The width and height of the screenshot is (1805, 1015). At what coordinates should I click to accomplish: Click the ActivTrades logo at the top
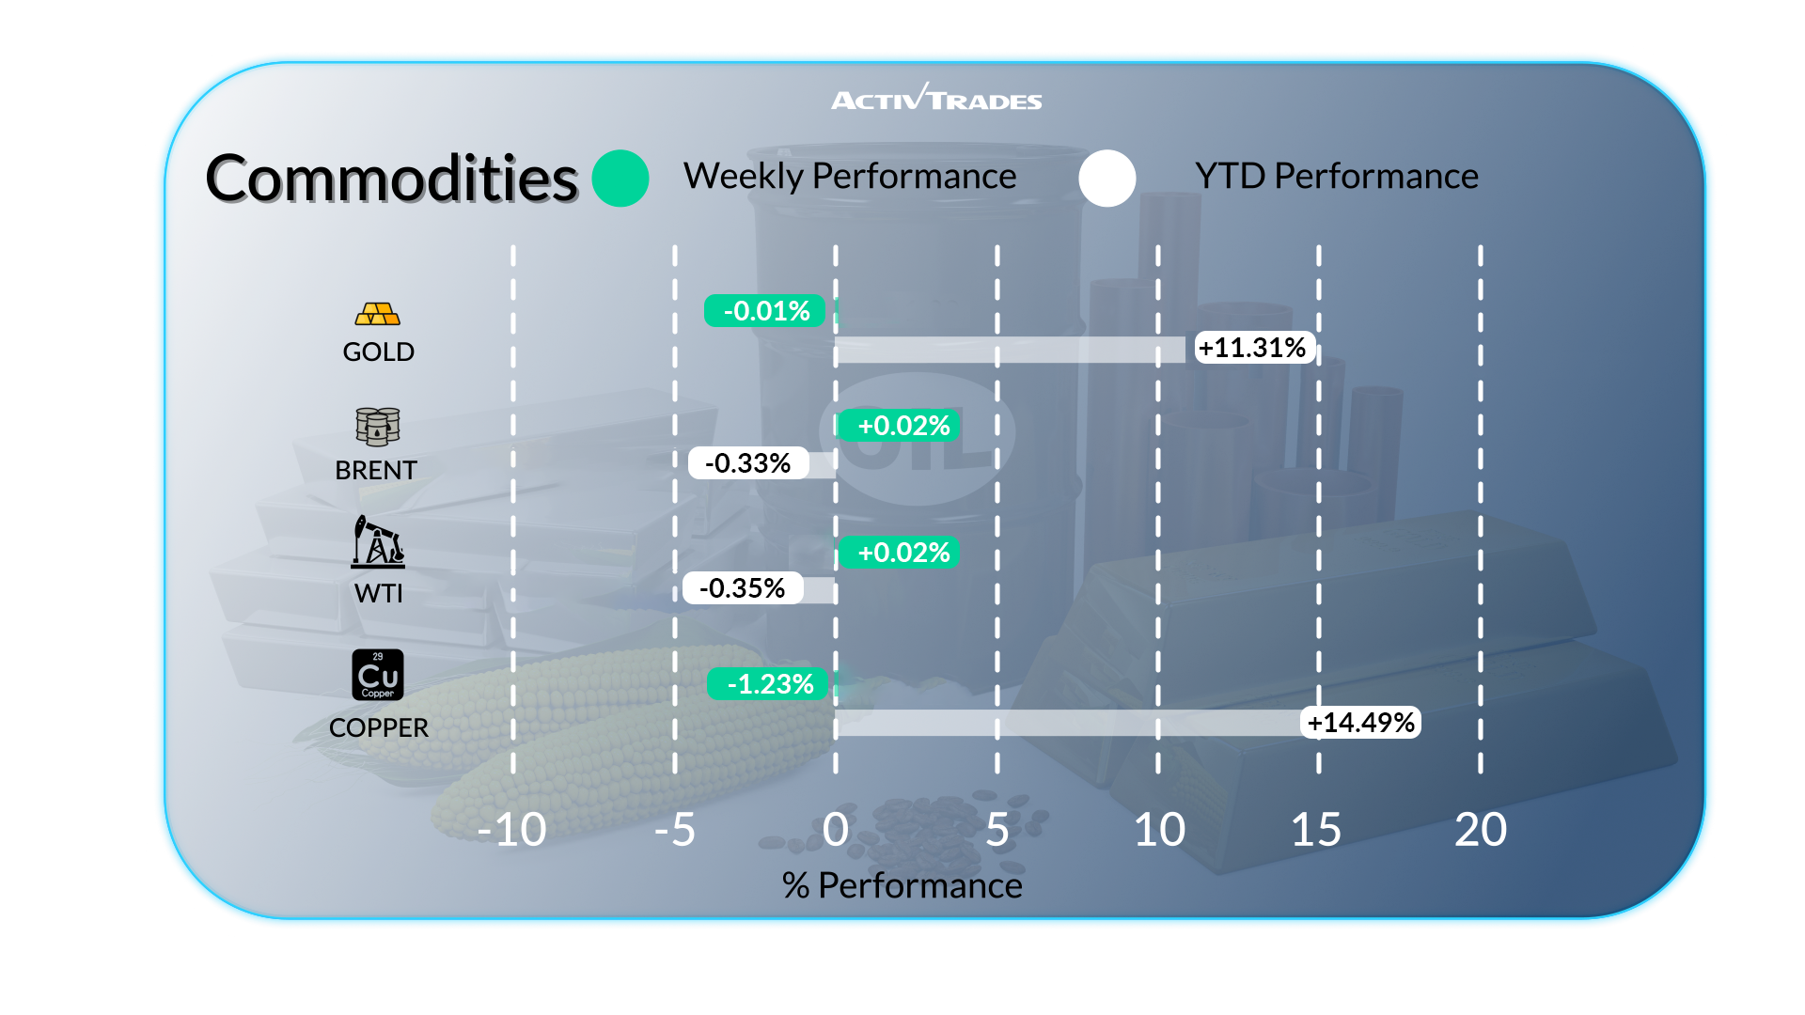click(x=936, y=99)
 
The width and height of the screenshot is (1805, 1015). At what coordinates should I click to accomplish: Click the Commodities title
click(x=391, y=179)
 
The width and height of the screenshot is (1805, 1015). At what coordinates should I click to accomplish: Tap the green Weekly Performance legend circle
click(x=620, y=179)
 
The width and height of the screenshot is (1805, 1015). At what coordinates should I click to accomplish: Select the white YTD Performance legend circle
click(x=1107, y=179)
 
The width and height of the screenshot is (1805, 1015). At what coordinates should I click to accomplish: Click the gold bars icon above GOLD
click(x=378, y=314)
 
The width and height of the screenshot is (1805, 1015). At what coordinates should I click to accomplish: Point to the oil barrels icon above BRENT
click(x=378, y=427)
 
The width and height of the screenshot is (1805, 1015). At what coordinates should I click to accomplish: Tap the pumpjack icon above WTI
click(x=378, y=542)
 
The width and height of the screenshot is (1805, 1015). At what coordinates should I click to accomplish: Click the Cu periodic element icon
click(x=378, y=675)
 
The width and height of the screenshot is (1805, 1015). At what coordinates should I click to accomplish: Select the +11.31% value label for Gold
click(x=1254, y=348)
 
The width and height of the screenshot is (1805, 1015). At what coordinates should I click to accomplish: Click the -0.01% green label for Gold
click(x=765, y=311)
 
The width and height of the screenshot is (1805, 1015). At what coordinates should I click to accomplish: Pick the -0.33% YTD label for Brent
click(x=748, y=462)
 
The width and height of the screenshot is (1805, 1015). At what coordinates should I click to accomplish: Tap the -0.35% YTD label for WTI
click(x=743, y=588)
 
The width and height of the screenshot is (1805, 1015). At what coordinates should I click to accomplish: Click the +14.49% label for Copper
click(x=1360, y=723)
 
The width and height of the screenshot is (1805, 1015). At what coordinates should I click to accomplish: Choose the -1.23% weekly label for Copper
click(x=769, y=684)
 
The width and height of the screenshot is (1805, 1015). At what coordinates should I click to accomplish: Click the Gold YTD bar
click(x=1011, y=350)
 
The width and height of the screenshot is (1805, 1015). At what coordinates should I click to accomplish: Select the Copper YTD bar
click(x=1067, y=723)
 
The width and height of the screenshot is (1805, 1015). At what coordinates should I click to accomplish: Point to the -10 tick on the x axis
click(x=511, y=830)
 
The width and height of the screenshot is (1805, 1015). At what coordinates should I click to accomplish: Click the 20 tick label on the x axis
click(x=1480, y=830)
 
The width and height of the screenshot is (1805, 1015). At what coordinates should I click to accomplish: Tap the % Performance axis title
click(x=902, y=885)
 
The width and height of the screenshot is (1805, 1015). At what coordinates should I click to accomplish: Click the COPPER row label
click(x=378, y=727)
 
